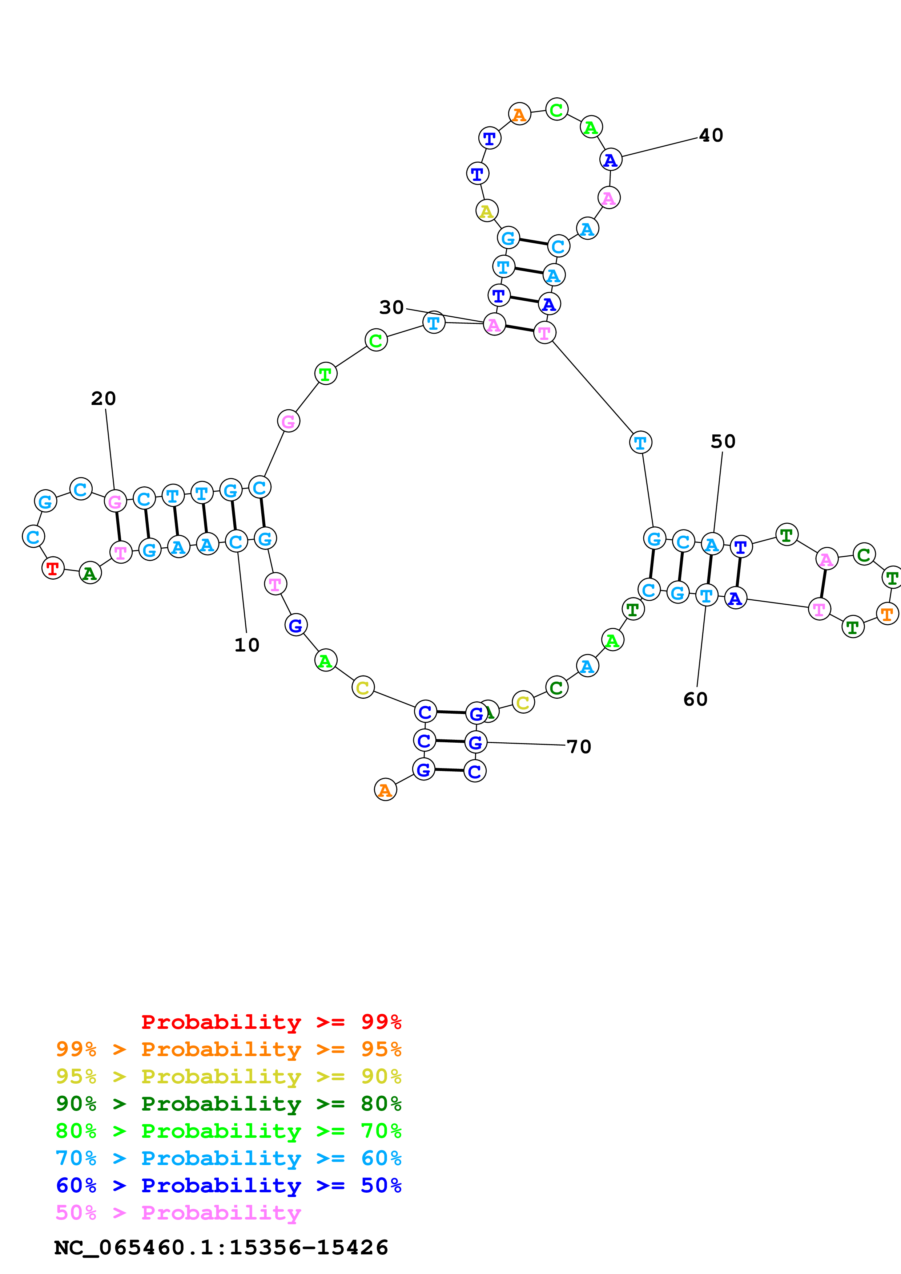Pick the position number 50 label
click(723, 442)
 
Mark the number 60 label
click(695, 699)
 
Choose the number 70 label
click(579, 747)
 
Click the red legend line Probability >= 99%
click(271, 1022)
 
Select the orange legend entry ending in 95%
click(228, 1049)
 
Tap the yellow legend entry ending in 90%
click(228, 1076)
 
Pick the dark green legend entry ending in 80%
click(228, 1104)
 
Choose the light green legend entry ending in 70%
click(228, 1131)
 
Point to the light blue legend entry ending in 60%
click(228, 1158)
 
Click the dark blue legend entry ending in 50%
click(228, 1185)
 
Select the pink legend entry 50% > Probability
click(178, 1212)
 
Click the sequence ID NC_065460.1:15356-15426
click(221, 1247)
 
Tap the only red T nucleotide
click(53, 568)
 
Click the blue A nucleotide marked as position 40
click(611, 160)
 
